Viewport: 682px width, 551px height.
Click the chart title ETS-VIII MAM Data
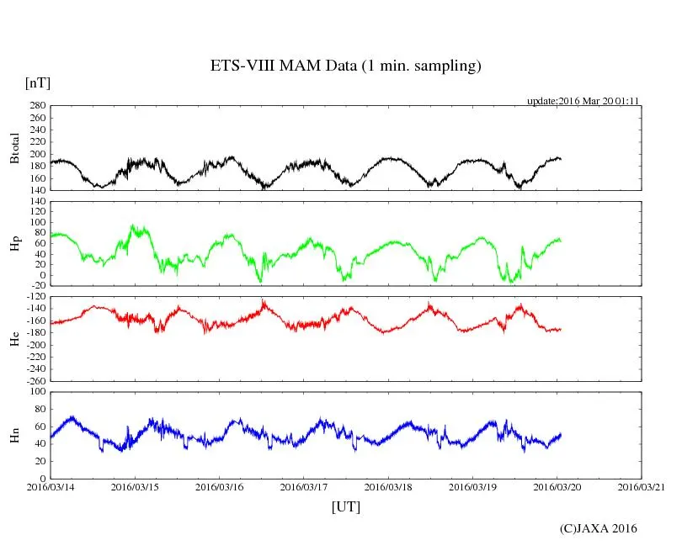(345, 66)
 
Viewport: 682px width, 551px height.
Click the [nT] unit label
(37, 83)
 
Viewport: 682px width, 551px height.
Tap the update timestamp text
(583, 101)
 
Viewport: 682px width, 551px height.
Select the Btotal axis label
(14, 148)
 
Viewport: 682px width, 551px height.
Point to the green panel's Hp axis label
(14, 245)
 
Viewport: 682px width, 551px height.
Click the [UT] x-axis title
(345, 506)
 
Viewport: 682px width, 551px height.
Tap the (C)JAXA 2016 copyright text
(599, 528)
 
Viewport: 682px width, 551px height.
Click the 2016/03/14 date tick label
(51, 486)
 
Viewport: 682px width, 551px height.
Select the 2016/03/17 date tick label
(304, 486)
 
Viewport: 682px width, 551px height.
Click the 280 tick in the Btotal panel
(37, 106)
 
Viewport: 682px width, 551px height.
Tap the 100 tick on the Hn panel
(37, 391)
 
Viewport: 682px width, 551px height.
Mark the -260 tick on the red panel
(35, 380)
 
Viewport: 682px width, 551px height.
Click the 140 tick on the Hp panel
(37, 202)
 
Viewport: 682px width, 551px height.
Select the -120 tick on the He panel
(35, 298)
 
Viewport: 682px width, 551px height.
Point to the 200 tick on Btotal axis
(37, 154)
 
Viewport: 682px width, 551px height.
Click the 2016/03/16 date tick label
(220, 486)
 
